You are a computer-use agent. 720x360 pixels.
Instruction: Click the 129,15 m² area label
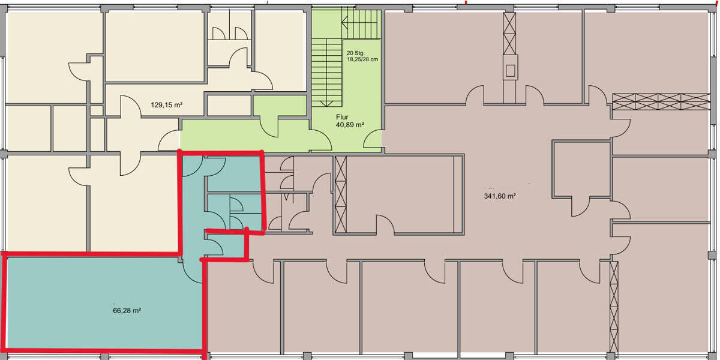(x=166, y=105)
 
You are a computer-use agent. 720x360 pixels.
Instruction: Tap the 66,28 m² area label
(x=127, y=311)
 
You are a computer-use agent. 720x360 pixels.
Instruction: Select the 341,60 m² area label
(x=500, y=196)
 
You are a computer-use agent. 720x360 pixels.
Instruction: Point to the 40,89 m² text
(x=350, y=125)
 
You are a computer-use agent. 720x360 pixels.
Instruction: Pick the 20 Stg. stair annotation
(x=355, y=53)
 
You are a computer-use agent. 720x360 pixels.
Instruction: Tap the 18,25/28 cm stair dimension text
(x=362, y=60)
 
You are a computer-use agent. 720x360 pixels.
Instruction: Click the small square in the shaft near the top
(x=511, y=71)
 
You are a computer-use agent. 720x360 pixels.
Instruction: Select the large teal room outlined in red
(x=102, y=303)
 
